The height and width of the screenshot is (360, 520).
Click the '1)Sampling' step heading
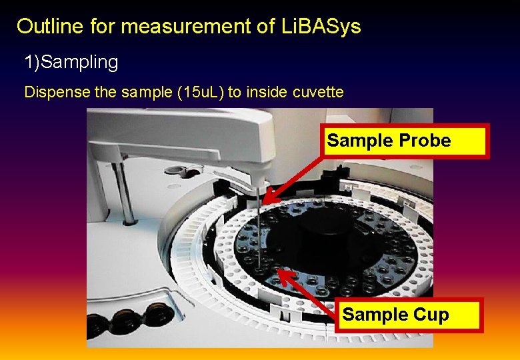(71, 63)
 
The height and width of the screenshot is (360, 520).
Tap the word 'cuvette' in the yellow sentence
(319, 92)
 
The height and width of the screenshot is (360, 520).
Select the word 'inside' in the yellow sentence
(267, 92)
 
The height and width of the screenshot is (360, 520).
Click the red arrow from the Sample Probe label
(293, 175)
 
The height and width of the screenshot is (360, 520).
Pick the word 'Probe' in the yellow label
(427, 141)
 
